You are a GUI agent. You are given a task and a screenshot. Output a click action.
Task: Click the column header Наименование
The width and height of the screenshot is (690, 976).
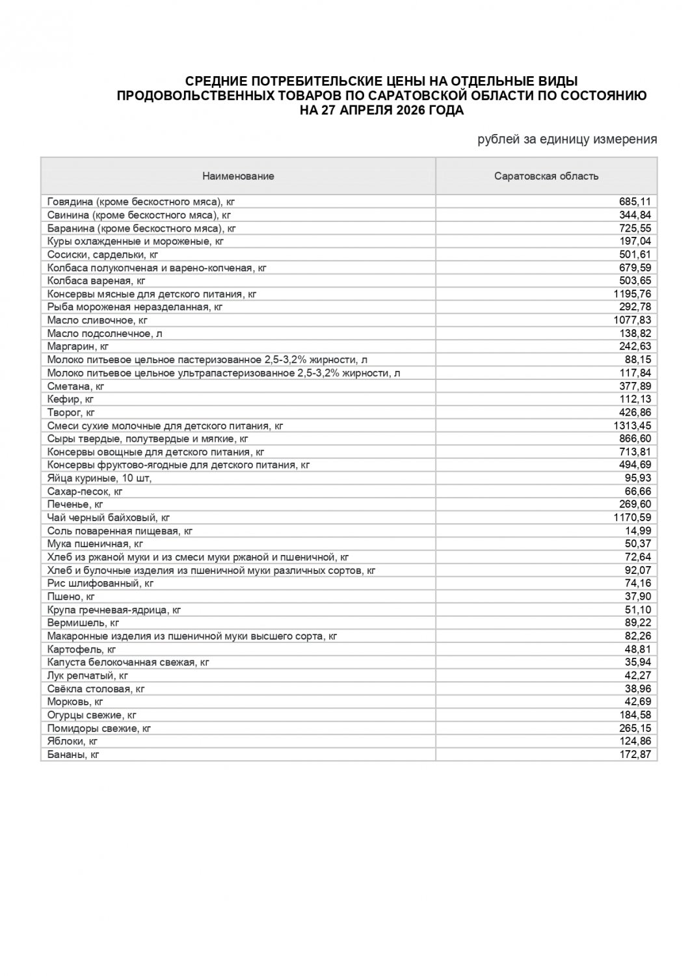tap(238, 176)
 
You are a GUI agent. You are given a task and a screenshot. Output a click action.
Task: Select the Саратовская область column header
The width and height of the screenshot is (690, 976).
tap(546, 176)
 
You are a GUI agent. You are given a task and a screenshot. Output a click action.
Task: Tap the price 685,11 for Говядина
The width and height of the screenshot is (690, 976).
tap(635, 202)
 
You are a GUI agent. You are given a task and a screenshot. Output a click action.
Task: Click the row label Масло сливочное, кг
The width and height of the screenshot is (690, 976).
tap(98, 320)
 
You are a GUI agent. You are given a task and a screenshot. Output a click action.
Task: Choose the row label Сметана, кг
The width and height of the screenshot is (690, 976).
tap(75, 386)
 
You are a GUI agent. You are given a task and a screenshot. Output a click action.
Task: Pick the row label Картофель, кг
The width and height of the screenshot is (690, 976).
tap(81, 649)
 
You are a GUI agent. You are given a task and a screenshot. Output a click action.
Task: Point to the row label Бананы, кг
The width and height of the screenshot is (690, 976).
tap(73, 755)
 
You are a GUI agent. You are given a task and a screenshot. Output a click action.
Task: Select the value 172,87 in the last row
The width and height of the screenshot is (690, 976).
tap(635, 755)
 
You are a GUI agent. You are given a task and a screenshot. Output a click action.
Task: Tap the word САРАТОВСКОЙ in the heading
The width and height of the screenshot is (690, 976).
tap(414, 96)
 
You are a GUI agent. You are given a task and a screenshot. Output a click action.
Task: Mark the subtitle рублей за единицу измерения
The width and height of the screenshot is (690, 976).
tap(567, 139)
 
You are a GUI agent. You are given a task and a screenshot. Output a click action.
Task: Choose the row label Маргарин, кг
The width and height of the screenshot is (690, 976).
tap(77, 346)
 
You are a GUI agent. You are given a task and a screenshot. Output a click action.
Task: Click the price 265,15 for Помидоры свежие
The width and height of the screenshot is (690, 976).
tap(635, 728)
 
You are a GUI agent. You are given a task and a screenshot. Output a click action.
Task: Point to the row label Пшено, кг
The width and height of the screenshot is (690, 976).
tap(71, 597)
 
